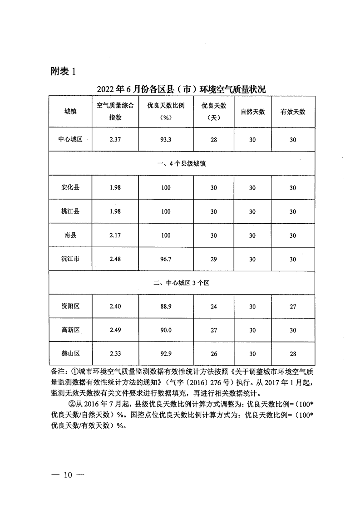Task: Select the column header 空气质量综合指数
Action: point(115,111)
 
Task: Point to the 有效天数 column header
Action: point(293,112)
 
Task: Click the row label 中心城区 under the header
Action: point(70,140)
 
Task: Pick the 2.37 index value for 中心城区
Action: point(115,140)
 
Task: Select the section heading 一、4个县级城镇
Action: point(181,163)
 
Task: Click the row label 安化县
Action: point(70,188)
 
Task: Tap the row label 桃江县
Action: point(70,211)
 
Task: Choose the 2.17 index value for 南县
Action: point(115,235)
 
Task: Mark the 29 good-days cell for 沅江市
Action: point(214,259)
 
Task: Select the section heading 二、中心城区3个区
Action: point(181,283)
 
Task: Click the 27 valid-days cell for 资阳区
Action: point(293,307)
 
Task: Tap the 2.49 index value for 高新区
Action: point(115,330)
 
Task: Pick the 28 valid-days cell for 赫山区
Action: point(293,354)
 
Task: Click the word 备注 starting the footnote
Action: point(58,371)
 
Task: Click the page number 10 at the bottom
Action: point(69,475)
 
